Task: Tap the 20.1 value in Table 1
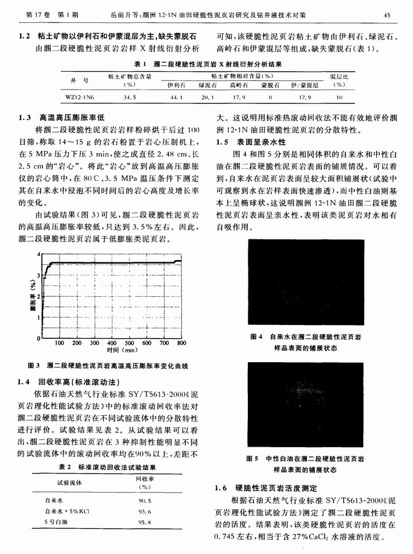[x=206, y=98]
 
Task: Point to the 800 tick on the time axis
[x=182, y=343]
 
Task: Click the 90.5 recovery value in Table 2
[x=145, y=501]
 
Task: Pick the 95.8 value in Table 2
[x=145, y=522]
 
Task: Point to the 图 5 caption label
[x=252, y=458]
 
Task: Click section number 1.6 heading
[x=221, y=488]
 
